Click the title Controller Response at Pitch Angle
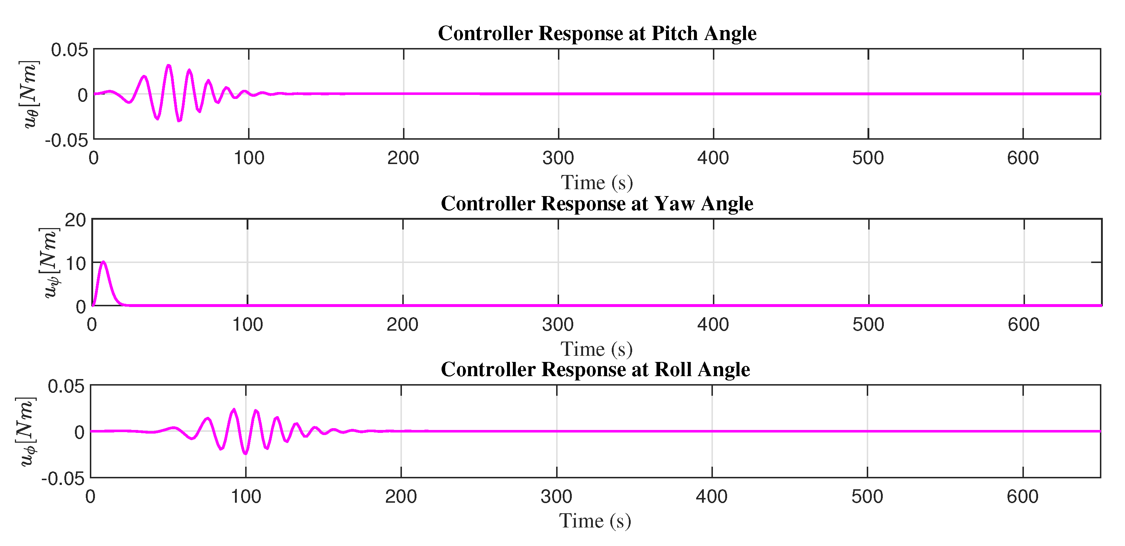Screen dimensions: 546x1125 [597, 33]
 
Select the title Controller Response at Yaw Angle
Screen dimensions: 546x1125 [597, 204]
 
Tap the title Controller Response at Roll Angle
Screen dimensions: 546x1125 [595, 370]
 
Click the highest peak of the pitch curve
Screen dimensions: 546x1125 [168, 65]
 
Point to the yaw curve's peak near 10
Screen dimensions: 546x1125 [103, 262]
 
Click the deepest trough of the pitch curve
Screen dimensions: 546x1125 [179, 121]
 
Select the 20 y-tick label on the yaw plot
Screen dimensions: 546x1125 [75, 220]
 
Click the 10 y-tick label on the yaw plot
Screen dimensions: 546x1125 [75, 263]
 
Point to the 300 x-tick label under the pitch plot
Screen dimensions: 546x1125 [558, 158]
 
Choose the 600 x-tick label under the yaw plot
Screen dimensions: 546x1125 [1023, 324]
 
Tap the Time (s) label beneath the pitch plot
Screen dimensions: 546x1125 [597, 183]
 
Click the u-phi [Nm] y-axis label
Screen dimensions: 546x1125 [25, 431]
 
